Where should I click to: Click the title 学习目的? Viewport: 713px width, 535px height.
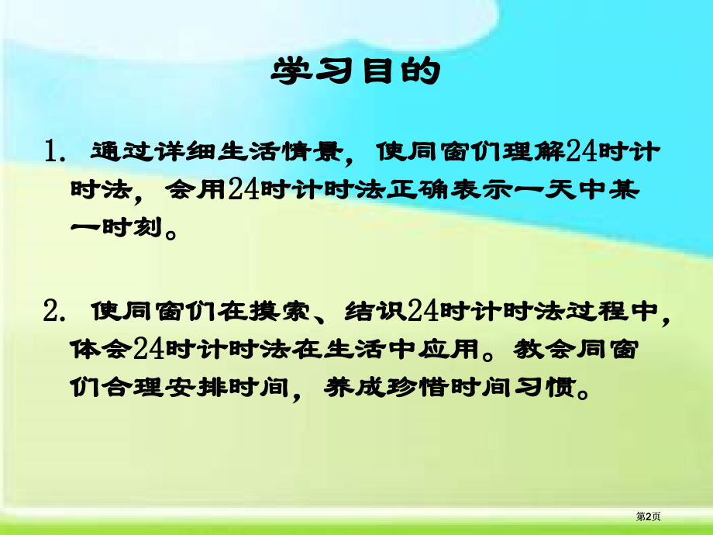click(356, 72)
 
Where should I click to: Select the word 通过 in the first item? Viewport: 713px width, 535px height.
click(115, 150)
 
